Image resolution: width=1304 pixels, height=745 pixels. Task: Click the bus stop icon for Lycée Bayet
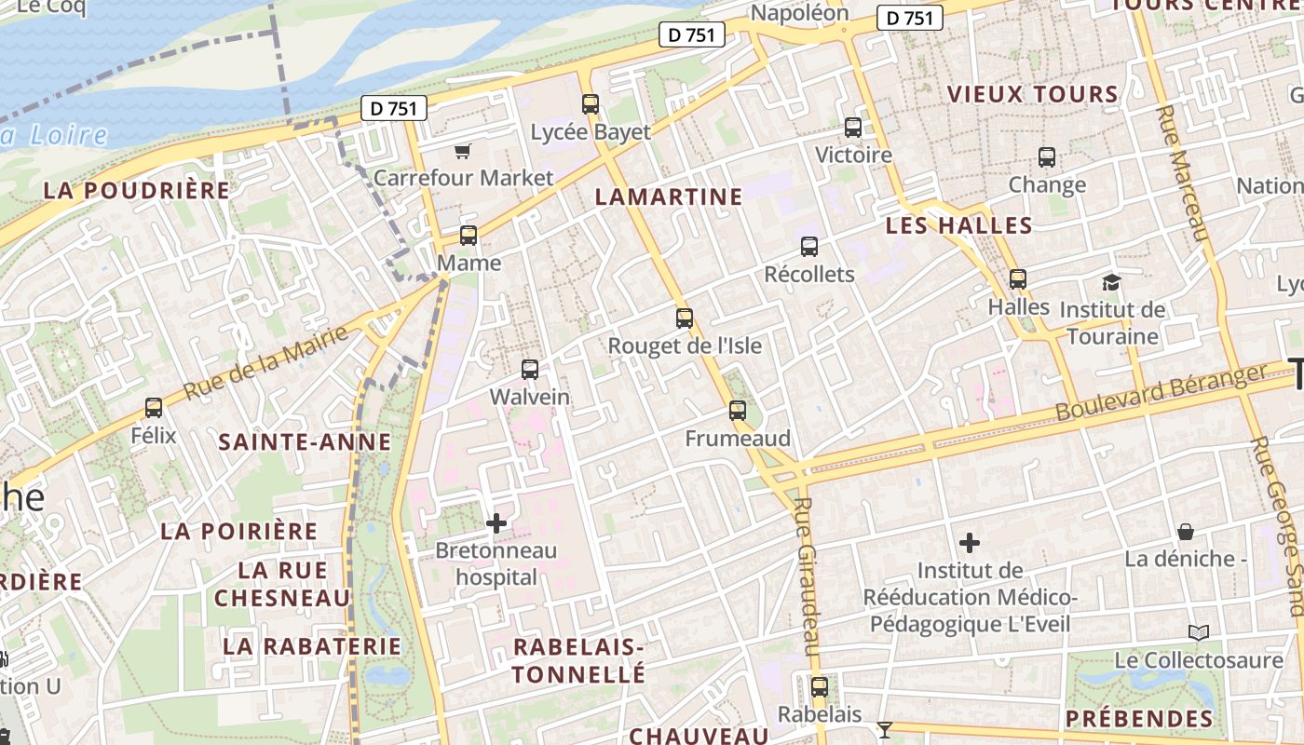click(x=590, y=103)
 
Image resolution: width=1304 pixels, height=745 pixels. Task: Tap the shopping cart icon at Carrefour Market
click(x=462, y=150)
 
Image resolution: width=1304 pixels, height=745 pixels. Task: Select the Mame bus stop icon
click(x=469, y=236)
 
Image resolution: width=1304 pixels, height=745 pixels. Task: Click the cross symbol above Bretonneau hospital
click(x=496, y=523)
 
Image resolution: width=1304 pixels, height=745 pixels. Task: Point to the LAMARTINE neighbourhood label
click(x=669, y=196)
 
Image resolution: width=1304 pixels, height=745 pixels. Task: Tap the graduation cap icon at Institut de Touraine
click(x=1111, y=282)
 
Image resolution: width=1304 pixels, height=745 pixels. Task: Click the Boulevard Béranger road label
click(x=1161, y=391)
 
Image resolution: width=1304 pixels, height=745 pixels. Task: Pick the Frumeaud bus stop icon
click(x=738, y=411)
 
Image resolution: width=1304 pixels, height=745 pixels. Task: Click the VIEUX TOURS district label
click(x=1032, y=94)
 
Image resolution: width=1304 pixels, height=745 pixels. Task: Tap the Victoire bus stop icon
click(x=853, y=128)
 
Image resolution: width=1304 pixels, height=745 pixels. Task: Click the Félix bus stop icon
click(x=154, y=408)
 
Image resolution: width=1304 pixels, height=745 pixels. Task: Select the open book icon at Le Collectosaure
click(x=1199, y=633)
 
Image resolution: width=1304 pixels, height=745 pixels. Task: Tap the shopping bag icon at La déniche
click(x=1186, y=532)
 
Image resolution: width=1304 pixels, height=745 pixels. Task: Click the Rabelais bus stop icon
click(x=820, y=687)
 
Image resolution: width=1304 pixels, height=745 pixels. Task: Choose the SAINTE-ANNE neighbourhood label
click(x=305, y=441)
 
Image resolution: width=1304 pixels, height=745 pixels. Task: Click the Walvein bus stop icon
click(x=530, y=370)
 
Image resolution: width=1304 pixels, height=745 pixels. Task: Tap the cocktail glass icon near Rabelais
click(x=885, y=729)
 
